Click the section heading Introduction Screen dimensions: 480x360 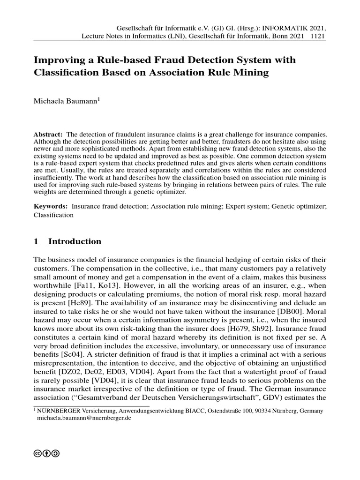[x=75, y=242]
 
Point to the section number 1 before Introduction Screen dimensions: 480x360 [x=37, y=242]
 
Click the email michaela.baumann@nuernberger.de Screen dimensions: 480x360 [x=84, y=419]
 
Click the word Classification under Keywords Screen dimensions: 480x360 [x=53, y=215]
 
